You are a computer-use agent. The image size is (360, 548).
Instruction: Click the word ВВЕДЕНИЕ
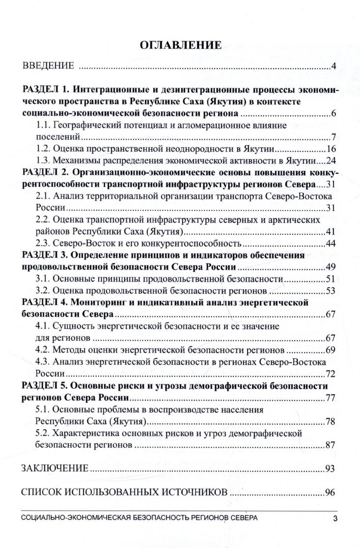[x=48, y=66]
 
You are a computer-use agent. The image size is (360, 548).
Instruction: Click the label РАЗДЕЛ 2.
[x=47, y=173]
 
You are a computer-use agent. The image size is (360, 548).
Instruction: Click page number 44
[x=330, y=244]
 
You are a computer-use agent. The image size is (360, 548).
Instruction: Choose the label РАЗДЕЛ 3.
[x=47, y=255]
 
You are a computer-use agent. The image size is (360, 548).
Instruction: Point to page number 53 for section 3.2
[x=330, y=291]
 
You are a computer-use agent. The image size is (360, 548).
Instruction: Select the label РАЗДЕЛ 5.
[x=47, y=386]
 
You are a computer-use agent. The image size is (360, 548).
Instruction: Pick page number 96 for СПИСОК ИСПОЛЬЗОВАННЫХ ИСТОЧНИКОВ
[x=330, y=493]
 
